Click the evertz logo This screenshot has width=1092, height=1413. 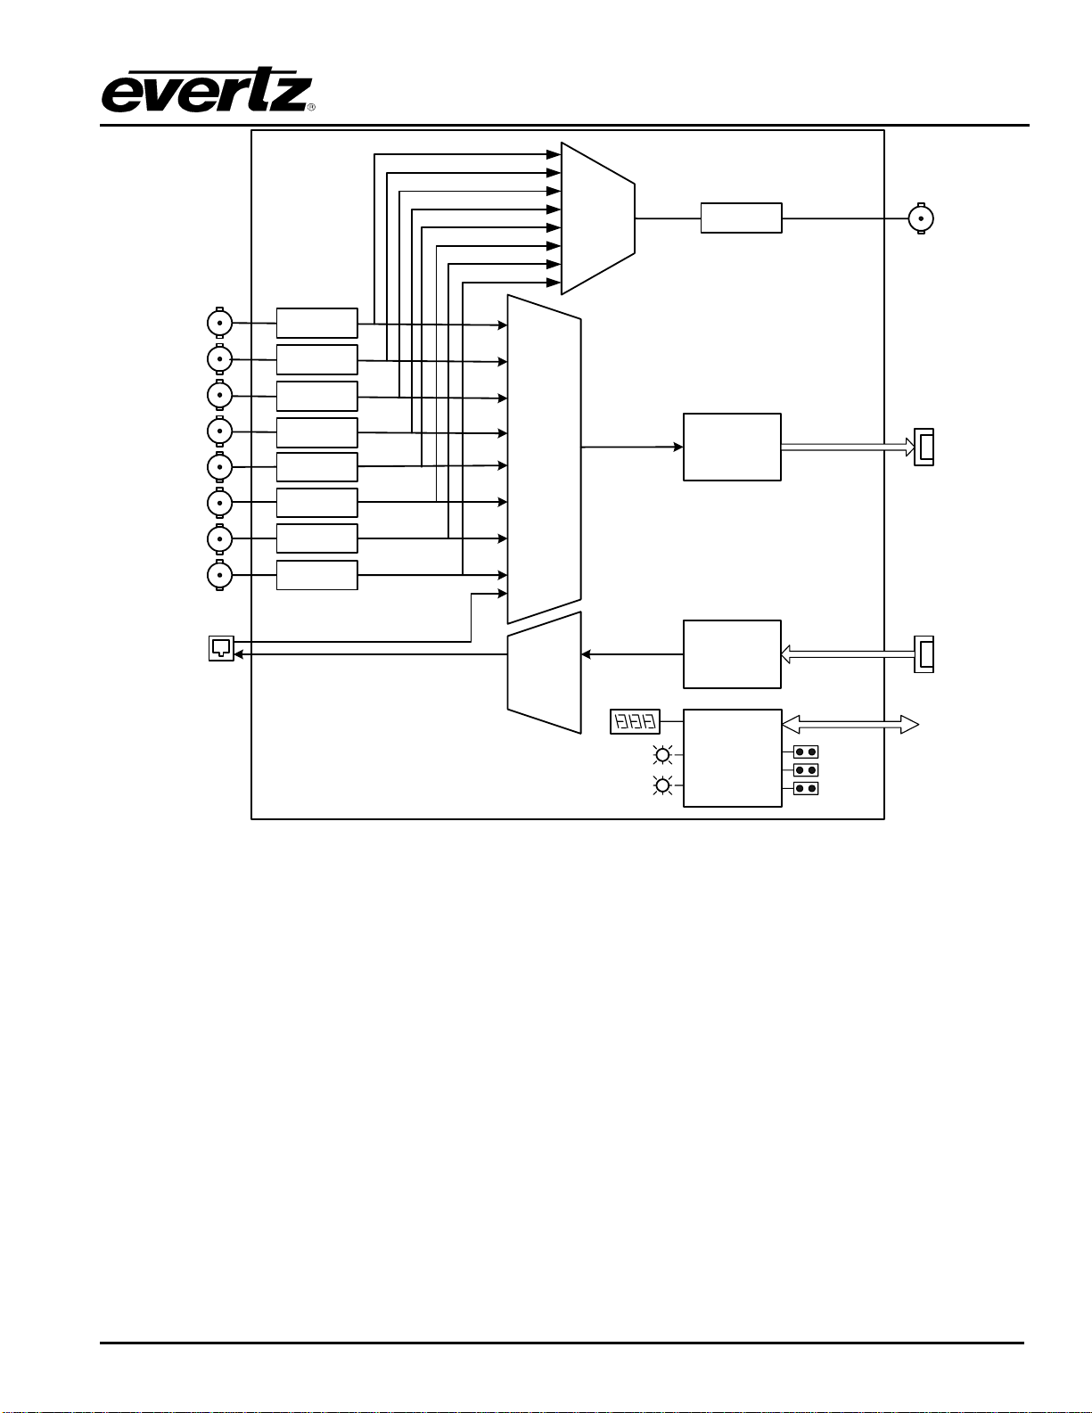pos(207,90)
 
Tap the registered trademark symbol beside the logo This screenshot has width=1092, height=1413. pos(311,107)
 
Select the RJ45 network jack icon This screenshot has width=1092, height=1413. pos(221,648)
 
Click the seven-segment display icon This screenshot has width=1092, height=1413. pos(635,722)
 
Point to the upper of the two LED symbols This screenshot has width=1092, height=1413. pos(662,755)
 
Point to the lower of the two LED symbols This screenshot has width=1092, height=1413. pos(662,786)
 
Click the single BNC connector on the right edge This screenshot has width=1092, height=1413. pos(921,218)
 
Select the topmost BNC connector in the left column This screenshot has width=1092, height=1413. pos(219,323)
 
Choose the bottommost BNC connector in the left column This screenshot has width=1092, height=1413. pos(219,575)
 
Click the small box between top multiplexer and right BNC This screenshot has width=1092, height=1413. pos(741,218)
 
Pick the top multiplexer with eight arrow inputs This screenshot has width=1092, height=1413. pos(598,218)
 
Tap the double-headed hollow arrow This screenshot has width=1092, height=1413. pos(850,725)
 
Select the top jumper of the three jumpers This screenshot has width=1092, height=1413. pos(806,752)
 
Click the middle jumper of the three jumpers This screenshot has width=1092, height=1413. pos(806,770)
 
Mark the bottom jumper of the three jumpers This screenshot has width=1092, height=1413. pos(806,789)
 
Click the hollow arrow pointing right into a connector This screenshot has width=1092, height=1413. pos(848,447)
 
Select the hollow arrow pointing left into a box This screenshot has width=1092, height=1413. pos(848,654)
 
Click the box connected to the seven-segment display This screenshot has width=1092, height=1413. pos(733,758)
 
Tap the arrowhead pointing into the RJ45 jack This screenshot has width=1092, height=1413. pos(239,654)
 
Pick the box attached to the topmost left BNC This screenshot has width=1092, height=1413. pos(317,324)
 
